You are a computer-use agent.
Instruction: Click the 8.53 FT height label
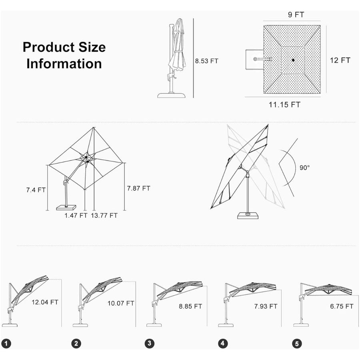click(x=206, y=61)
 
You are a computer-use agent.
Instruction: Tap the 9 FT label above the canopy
click(x=296, y=15)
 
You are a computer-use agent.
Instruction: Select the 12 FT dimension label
click(x=340, y=60)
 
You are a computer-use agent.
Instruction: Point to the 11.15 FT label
click(x=284, y=105)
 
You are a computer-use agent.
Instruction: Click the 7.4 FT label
click(x=36, y=190)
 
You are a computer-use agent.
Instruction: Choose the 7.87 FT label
click(x=138, y=188)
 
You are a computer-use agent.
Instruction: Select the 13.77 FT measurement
click(x=104, y=215)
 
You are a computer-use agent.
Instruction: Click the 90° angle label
click(x=304, y=168)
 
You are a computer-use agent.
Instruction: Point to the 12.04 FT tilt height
click(x=45, y=302)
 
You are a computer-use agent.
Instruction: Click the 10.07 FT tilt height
click(x=121, y=303)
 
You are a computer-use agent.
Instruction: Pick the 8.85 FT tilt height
click(x=190, y=307)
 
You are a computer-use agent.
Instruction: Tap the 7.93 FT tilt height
click(x=265, y=306)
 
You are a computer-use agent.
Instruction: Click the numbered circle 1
click(x=6, y=343)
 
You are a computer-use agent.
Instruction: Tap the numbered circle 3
click(x=149, y=343)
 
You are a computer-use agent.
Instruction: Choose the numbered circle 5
click(x=296, y=343)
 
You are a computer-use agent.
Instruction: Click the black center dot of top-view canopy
click(x=292, y=60)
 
